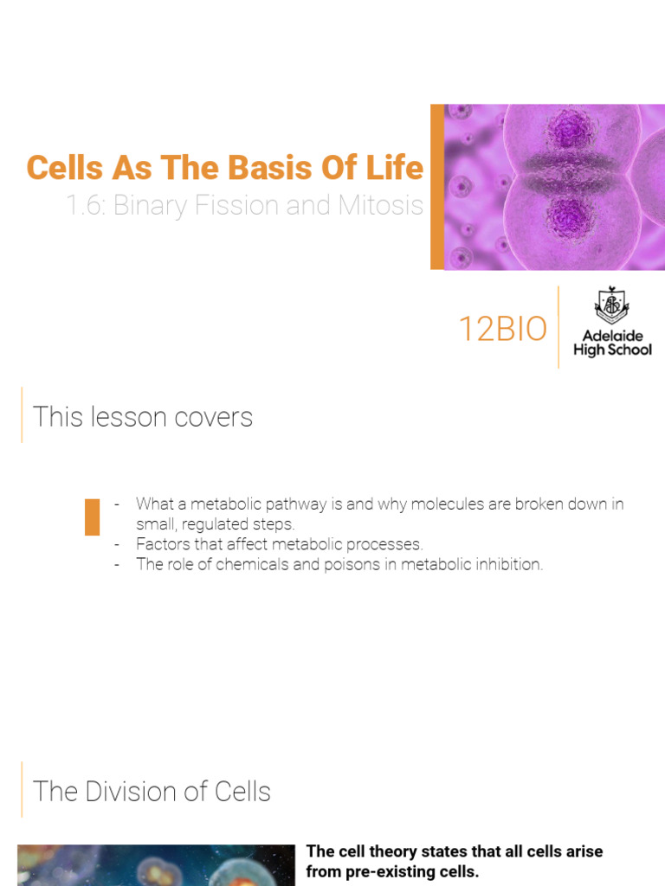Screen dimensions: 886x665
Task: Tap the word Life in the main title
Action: (397, 168)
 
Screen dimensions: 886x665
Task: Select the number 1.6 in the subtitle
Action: (85, 206)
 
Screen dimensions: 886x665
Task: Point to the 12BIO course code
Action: (502, 330)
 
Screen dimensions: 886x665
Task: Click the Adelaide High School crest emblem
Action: (612, 306)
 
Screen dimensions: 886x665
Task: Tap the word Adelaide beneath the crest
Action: (612, 336)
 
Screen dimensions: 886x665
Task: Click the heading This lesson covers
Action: (143, 417)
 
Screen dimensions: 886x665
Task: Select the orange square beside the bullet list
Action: (92, 517)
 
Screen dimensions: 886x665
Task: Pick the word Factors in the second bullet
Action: (160, 544)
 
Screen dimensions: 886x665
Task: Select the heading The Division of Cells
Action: (152, 792)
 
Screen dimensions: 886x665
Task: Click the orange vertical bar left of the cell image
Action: (437, 187)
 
